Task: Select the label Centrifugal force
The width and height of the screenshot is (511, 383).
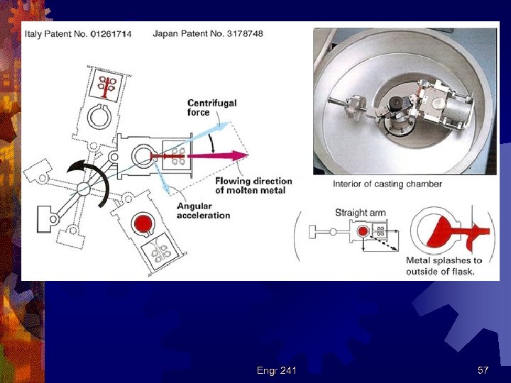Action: tap(211, 107)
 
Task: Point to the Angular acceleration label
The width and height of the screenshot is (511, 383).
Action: tap(204, 211)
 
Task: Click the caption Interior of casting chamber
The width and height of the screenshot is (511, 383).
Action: tap(388, 184)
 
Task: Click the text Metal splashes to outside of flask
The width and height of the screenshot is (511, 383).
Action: tap(444, 266)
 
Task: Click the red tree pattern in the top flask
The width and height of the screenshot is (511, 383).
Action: tap(109, 85)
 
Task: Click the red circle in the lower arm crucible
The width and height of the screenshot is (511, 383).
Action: tap(144, 225)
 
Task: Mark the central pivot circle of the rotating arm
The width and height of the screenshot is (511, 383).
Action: tap(84, 188)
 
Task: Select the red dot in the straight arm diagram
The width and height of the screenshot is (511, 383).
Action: tap(362, 231)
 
